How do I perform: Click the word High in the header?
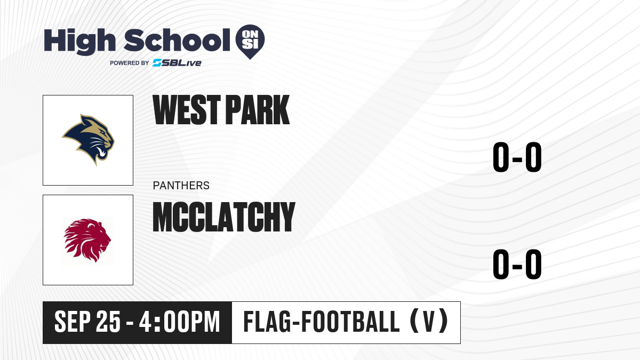coord(79,41)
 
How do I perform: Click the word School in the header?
coord(177,40)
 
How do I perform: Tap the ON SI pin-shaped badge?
coord(250,42)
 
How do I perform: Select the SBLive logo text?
coord(177,62)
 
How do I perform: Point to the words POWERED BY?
coord(130,63)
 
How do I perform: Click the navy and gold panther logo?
coord(88,139)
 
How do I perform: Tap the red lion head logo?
coord(87,241)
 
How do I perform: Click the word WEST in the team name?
coord(187,110)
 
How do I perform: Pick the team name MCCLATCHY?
coord(224,217)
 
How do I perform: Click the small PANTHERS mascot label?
coord(181,186)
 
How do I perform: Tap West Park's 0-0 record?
coord(517,157)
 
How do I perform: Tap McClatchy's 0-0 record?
coord(517,264)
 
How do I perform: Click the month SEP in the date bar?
coord(73,322)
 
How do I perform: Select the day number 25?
coord(108,322)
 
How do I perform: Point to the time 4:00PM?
coord(179,322)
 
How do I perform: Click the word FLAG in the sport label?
coord(267,322)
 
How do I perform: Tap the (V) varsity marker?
coord(429,321)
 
